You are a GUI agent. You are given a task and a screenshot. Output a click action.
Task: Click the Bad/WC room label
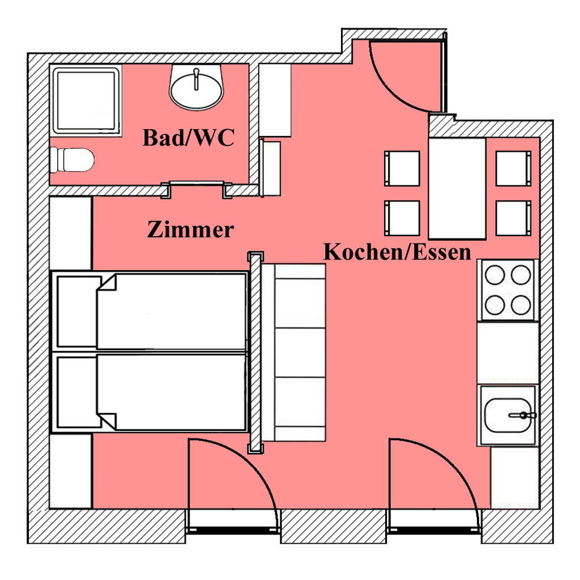pyautogui.click(x=188, y=138)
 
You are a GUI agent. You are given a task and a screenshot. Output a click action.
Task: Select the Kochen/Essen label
pyautogui.click(x=397, y=251)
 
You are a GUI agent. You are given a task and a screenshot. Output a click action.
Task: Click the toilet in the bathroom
pyautogui.click(x=72, y=160)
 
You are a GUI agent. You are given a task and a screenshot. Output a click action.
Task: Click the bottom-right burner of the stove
pyautogui.click(x=521, y=305)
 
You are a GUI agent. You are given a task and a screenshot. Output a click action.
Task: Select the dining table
pyautogui.click(x=457, y=188)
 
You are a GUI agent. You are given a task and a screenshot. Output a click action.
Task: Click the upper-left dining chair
pyautogui.click(x=402, y=168)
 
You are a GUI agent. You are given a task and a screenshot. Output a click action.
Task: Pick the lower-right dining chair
pyautogui.click(x=513, y=218)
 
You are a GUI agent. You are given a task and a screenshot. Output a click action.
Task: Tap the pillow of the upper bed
pyautogui.click(x=79, y=311)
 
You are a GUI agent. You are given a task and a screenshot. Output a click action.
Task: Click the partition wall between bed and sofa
pyautogui.click(x=255, y=352)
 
